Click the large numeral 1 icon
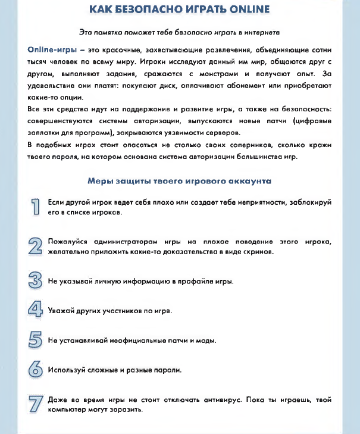[36, 207]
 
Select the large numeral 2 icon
[36, 246]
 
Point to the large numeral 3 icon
[36, 280]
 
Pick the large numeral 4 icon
[36, 310]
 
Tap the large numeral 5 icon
[36, 341]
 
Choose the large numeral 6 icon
[36, 370]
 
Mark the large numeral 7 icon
[36, 404]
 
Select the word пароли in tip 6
[167, 370]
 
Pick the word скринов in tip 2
[259, 252]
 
